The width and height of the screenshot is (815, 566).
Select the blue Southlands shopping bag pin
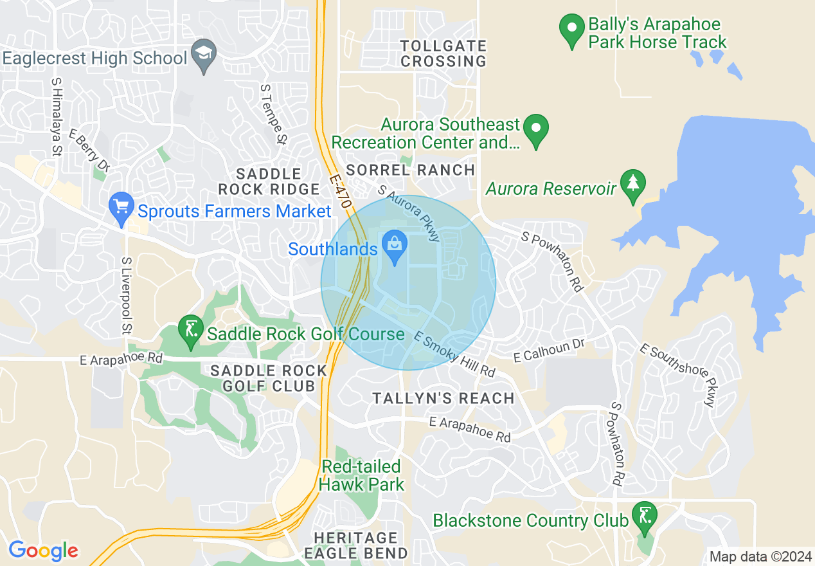pos(393,245)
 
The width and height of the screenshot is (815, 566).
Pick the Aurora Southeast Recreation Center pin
pos(536,129)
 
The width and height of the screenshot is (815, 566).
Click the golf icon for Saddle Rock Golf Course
pos(190,331)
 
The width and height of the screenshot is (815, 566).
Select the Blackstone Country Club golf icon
pos(644,515)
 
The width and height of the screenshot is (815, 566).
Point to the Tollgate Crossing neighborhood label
pos(443,54)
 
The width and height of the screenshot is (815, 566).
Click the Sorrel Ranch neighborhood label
pos(411,170)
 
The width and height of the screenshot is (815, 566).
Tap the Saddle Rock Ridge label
pos(269,181)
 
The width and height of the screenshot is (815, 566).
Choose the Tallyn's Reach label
pos(443,399)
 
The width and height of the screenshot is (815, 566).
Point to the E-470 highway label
pos(341,192)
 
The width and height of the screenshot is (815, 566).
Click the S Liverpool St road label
pos(127,296)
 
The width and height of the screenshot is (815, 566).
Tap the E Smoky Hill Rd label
pos(455,354)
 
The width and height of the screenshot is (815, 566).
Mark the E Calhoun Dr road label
pos(550,351)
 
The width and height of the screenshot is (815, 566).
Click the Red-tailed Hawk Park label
pos(362,475)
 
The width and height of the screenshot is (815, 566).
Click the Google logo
pos(43,551)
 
